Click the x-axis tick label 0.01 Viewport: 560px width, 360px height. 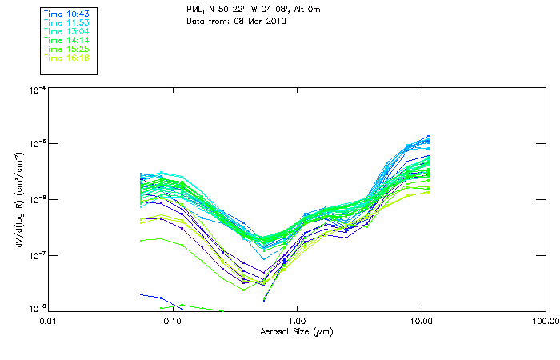click(x=48, y=322)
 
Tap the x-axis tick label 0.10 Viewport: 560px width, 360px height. click(x=172, y=322)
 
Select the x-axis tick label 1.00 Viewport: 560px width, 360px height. click(x=297, y=322)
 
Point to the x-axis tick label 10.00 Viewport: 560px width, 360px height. click(x=421, y=322)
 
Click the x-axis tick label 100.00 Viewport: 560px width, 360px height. click(x=545, y=322)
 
